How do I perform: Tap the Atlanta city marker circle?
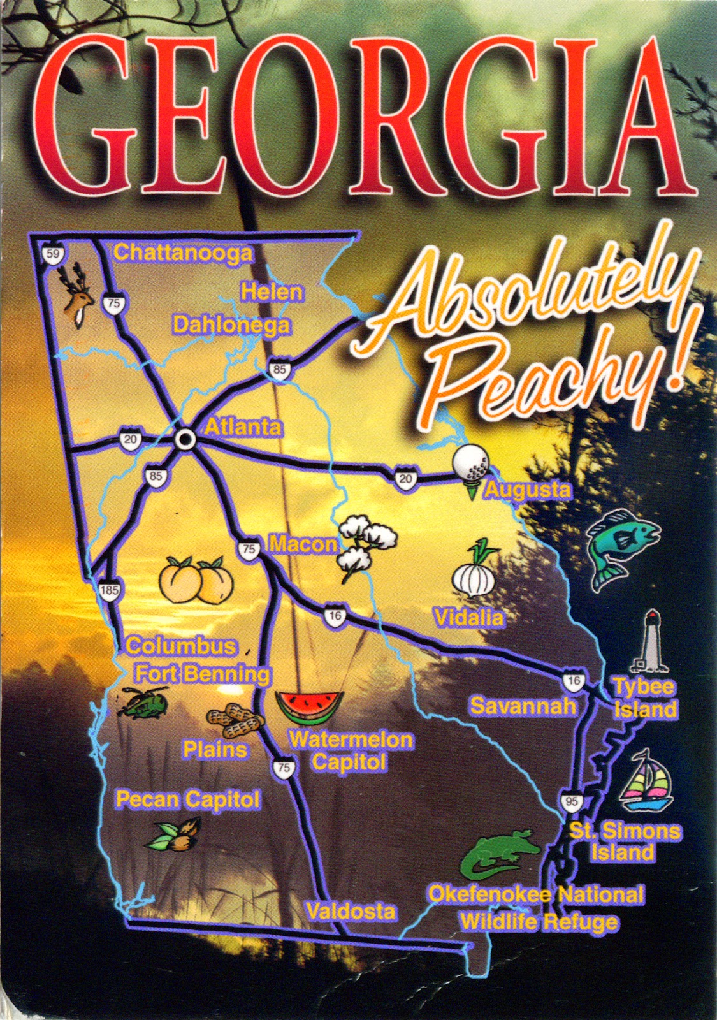click(185, 439)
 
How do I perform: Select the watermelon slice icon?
click(309, 707)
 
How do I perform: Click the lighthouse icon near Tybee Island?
click(650, 643)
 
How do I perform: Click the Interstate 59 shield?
click(53, 254)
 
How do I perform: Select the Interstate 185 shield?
click(109, 590)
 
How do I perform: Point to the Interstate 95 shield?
click(571, 801)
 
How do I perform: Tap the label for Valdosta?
click(351, 911)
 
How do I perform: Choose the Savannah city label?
click(523, 706)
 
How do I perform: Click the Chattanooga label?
click(183, 253)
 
